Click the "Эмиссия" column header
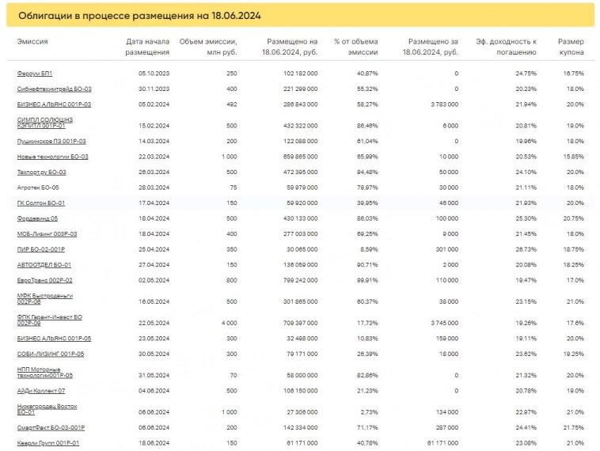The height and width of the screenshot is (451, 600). tap(32, 41)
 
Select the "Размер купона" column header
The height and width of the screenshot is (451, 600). tap(570, 47)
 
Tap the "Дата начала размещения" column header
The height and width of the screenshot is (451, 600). tap(148, 47)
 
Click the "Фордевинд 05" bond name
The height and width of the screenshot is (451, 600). tap(37, 218)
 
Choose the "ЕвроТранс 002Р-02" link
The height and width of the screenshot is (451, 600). tap(44, 280)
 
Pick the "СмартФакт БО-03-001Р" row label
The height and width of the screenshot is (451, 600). tap(51, 427)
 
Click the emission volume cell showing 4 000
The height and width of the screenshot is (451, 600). tap(228, 322)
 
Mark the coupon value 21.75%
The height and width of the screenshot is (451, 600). tap(572, 427)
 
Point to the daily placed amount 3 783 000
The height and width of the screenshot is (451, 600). tap(441, 104)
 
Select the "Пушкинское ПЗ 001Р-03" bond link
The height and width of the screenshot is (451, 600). tap(51, 141)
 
